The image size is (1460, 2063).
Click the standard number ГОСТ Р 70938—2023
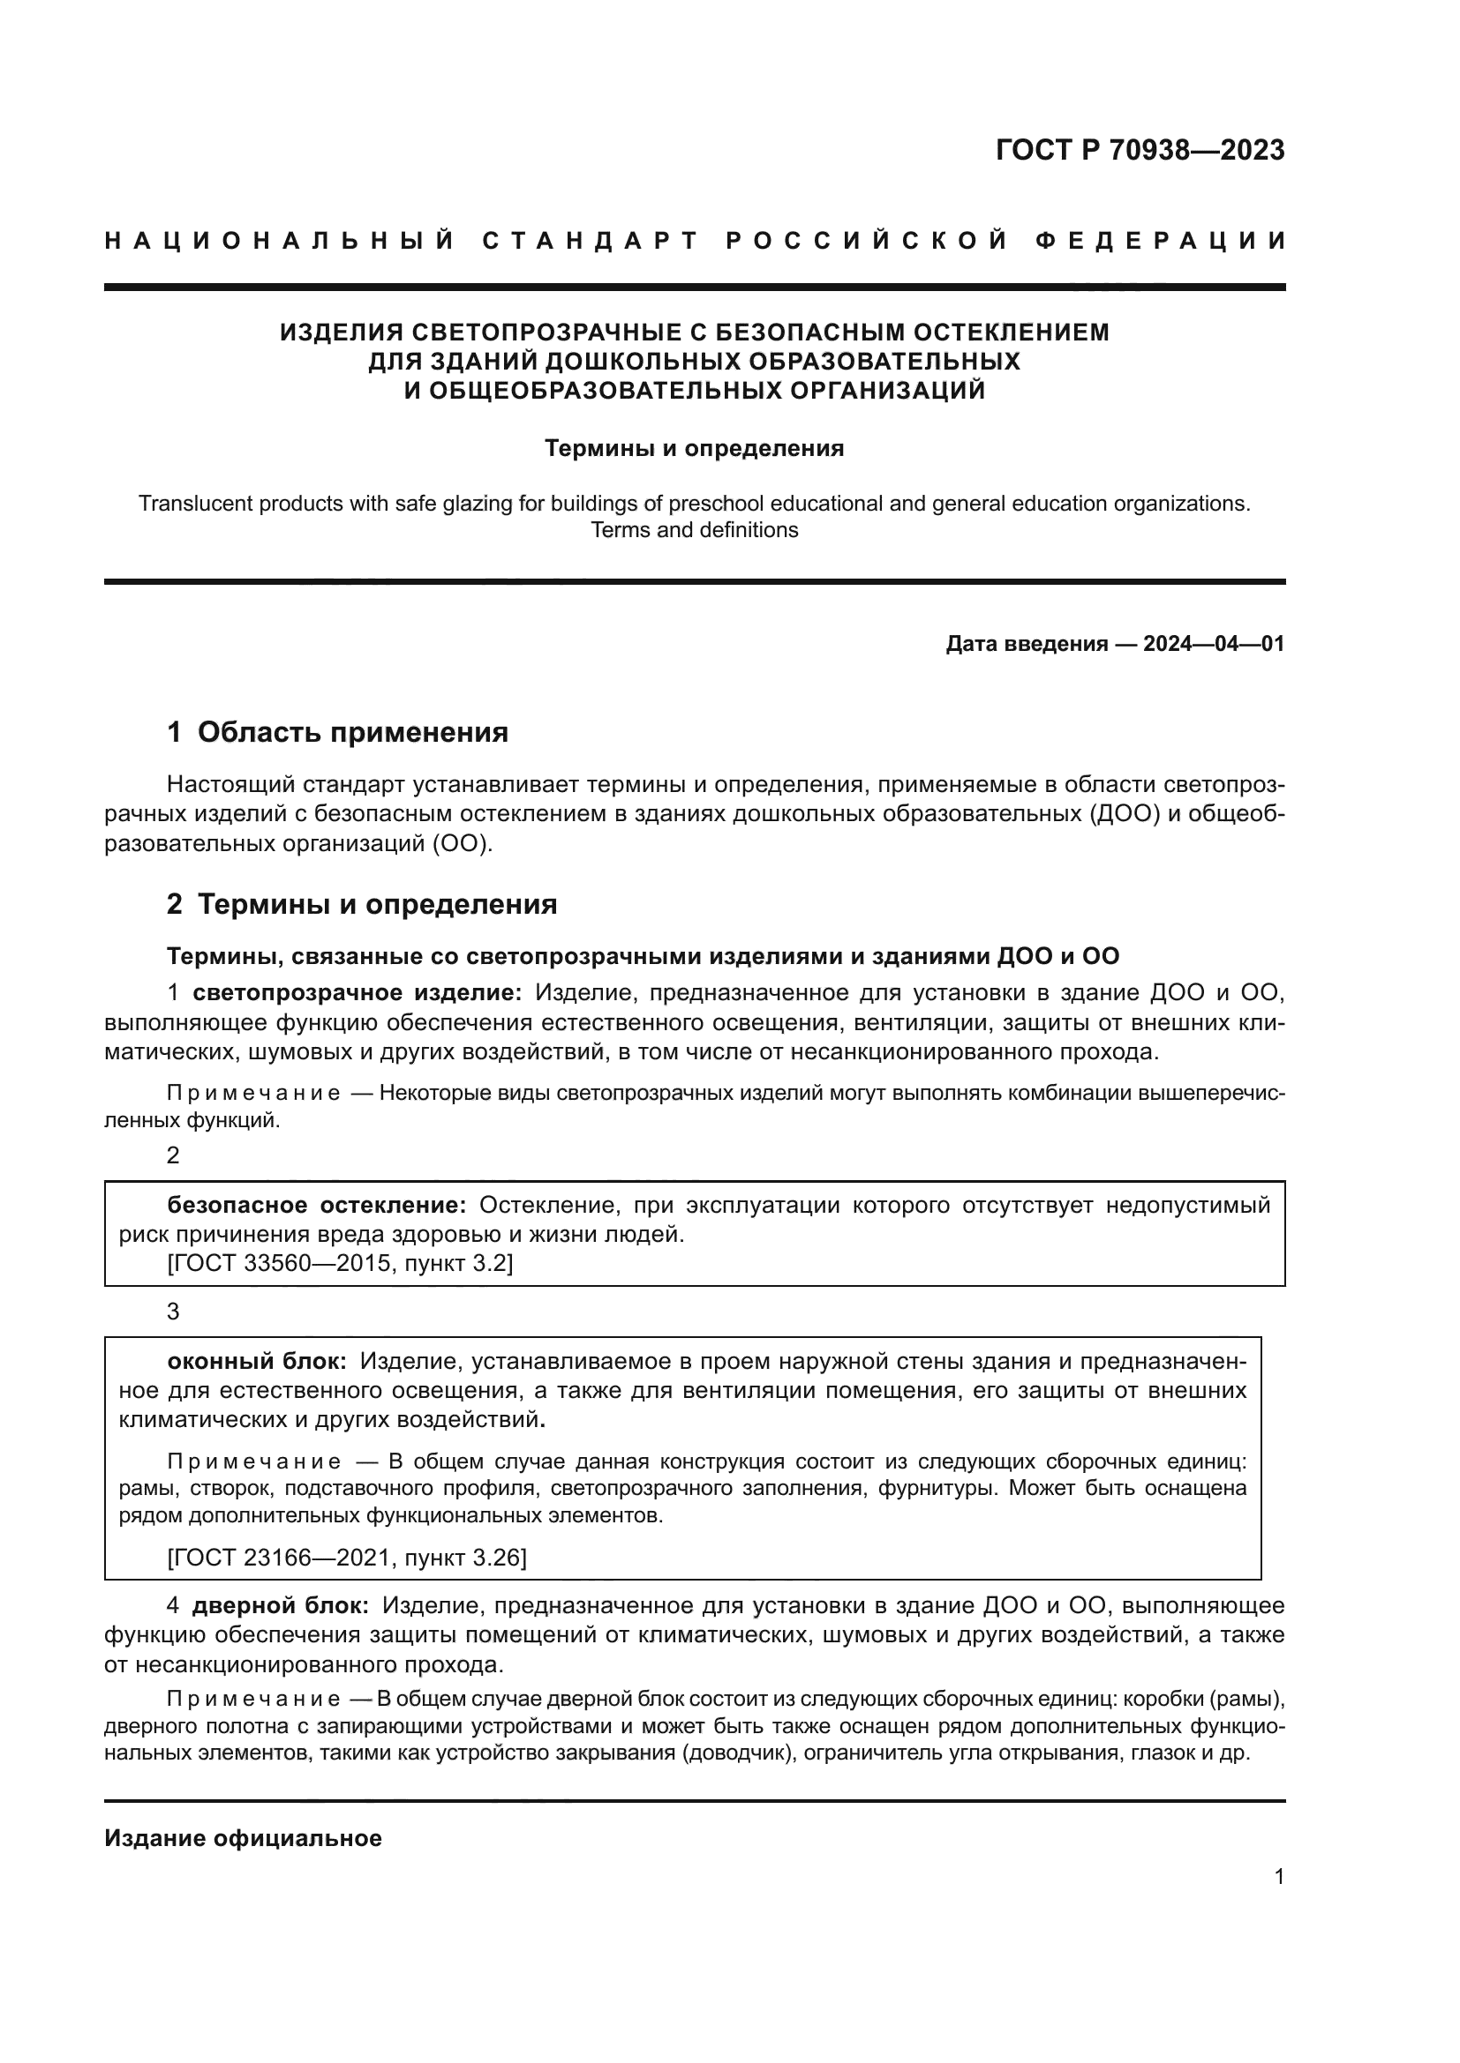point(1139,150)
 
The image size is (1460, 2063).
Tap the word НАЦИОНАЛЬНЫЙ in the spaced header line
point(280,241)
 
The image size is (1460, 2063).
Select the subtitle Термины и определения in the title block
point(694,448)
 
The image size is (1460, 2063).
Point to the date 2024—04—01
point(1214,644)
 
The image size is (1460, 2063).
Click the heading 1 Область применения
point(337,732)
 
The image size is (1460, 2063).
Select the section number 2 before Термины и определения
point(175,904)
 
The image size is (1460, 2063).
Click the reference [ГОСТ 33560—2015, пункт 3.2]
point(340,1263)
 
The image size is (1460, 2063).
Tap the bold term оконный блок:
point(257,1361)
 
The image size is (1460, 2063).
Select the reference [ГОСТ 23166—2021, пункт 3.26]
point(347,1557)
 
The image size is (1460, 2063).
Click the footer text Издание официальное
point(243,1838)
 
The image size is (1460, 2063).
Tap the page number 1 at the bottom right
point(1278,1877)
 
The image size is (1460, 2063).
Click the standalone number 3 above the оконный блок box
point(174,1312)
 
